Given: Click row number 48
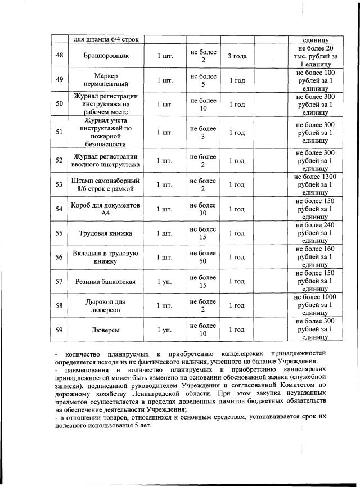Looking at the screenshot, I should click(60, 56).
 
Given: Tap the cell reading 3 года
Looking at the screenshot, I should click(237, 56).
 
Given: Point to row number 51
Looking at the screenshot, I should click(60, 132).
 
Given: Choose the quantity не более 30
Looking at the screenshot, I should click(203, 209).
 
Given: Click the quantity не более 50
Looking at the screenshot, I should click(203, 257).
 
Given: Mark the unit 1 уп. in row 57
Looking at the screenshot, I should click(164, 281).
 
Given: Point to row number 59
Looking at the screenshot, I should click(60, 330).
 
